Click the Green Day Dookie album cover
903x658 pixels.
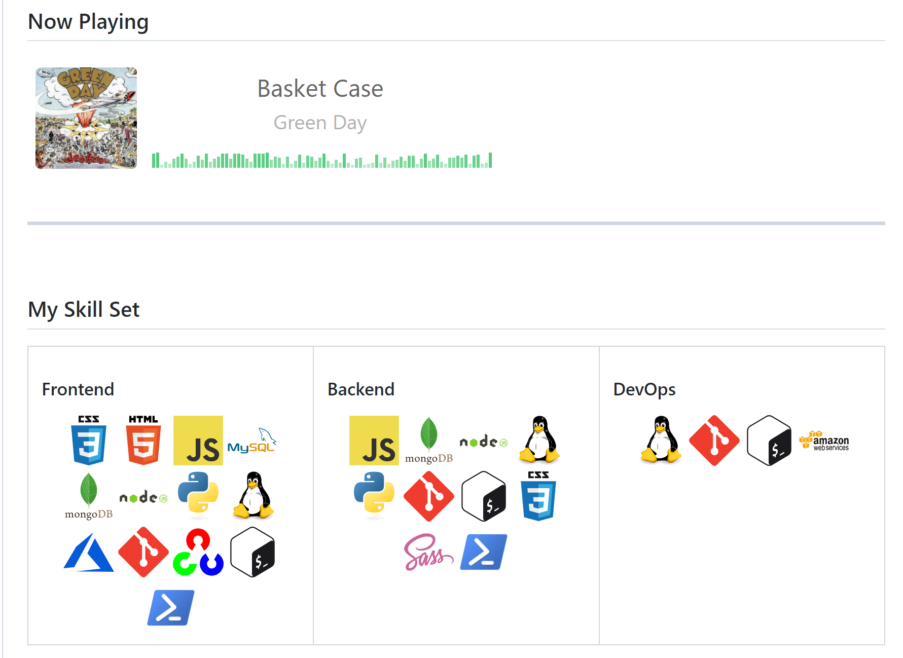point(86,118)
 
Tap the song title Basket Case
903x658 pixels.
point(320,89)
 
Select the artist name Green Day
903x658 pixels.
point(320,123)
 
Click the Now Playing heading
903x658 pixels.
point(88,22)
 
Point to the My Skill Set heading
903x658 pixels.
point(84,309)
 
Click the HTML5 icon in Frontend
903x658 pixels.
point(143,440)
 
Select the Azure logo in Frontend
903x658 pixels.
point(89,552)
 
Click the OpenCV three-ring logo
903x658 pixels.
point(198,552)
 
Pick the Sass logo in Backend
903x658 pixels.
point(428,552)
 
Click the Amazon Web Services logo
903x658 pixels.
point(824,441)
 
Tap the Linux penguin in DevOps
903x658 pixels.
point(661,440)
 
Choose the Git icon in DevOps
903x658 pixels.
point(714,441)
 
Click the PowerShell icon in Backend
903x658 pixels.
point(484,552)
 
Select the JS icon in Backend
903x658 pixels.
point(374,441)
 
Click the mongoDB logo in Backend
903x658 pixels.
point(429,441)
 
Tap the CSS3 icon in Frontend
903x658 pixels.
point(89,440)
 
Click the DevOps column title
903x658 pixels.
point(644,389)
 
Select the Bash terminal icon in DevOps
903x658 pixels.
point(769,441)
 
